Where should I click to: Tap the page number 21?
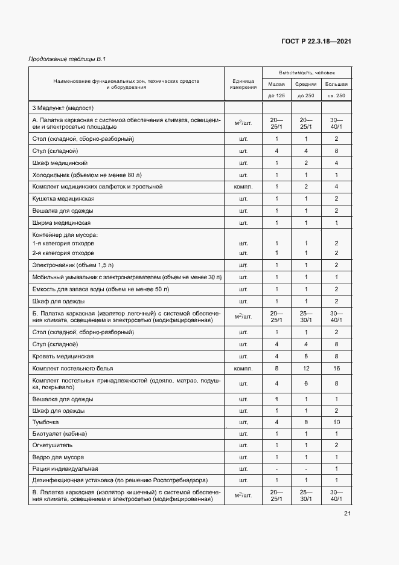click(x=348, y=514)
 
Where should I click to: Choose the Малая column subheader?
click(x=276, y=84)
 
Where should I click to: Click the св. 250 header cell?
click(x=336, y=96)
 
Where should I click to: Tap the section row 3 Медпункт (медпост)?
click(x=63, y=108)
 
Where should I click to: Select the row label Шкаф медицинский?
click(x=60, y=163)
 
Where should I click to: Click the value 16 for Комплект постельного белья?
click(x=336, y=367)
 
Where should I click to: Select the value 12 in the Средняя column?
click(x=306, y=367)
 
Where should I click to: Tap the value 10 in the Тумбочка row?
click(x=336, y=421)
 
